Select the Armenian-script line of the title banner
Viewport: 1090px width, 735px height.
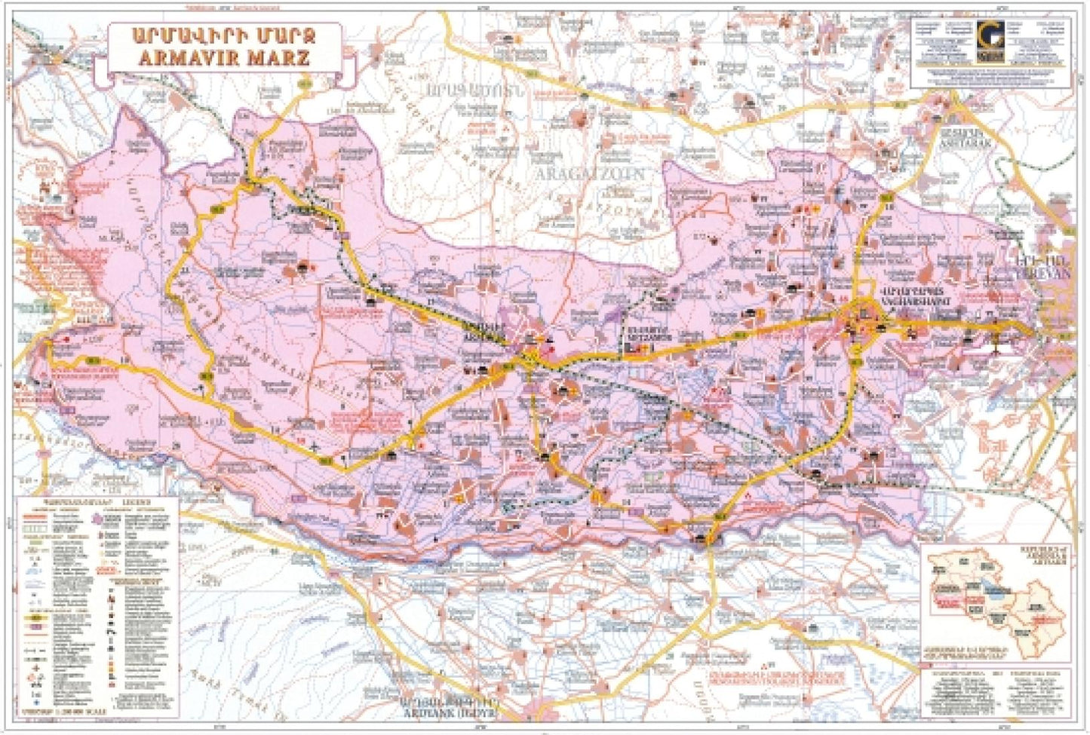click(223, 36)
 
